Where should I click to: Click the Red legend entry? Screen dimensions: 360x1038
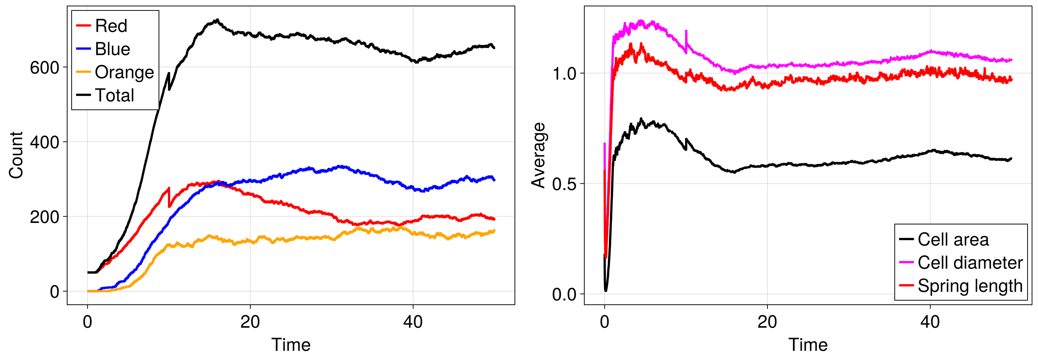111,26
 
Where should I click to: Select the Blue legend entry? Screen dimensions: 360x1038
112,49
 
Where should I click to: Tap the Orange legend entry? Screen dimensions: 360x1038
124,72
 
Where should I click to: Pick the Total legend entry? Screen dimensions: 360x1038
114,96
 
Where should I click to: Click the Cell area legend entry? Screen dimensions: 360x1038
953,239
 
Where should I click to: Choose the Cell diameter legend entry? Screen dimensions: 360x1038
970,263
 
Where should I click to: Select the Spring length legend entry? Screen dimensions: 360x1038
970,286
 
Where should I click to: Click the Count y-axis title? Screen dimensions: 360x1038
16,155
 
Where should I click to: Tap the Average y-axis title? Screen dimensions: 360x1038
538,155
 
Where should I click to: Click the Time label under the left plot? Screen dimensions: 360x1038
291,345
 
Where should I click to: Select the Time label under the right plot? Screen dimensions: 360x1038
808,345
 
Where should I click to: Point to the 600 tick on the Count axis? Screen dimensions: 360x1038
44,67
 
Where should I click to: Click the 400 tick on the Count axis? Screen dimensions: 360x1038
44,142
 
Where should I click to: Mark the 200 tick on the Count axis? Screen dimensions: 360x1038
44,217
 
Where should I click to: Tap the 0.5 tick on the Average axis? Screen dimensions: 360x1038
564,184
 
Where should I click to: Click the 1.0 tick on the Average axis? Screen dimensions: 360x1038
564,74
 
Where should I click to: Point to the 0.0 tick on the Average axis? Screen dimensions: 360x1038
564,295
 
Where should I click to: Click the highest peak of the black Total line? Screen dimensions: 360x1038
217,19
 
